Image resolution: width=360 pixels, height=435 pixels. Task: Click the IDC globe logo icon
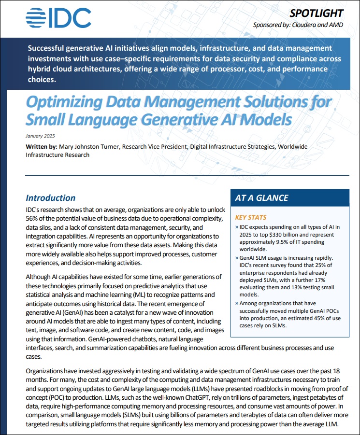tap(36, 18)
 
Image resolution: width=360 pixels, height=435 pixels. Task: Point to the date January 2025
tap(41, 136)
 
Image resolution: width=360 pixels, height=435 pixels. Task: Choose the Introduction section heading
tap(50, 197)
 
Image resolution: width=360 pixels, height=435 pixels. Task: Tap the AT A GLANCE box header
tap(261, 198)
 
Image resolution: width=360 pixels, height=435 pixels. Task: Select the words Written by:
tap(42, 146)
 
